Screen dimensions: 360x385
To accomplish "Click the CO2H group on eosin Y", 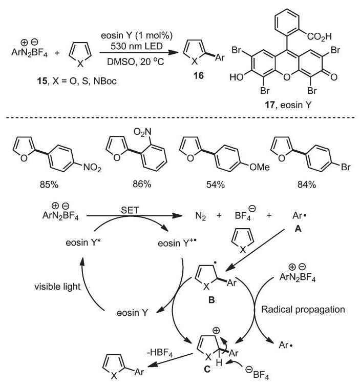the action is (319, 36).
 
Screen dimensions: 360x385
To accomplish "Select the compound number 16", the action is (198, 76).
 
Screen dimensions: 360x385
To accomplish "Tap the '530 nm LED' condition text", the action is (136, 46).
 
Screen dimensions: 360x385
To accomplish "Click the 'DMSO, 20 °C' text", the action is (135, 61).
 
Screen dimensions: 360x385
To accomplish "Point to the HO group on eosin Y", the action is (237, 77).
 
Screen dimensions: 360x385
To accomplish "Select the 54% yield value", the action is (215, 185).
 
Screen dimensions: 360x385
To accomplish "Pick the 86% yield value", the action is (142, 184).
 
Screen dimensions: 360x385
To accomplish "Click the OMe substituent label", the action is (260, 167).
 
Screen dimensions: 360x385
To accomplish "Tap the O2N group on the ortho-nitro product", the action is (142, 132).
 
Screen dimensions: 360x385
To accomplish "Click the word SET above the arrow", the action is (130, 210).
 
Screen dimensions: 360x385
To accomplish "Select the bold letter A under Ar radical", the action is (298, 229).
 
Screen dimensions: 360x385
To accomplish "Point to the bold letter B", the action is (211, 300).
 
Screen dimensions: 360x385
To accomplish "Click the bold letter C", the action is (207, 369).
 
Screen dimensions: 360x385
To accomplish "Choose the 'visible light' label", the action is (57, 287).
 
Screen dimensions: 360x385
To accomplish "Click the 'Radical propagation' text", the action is (303, 309).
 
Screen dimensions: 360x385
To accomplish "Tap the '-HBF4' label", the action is (160, 353).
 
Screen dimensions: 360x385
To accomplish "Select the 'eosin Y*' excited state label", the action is (83, 242).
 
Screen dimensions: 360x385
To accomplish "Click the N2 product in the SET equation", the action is (200, 216).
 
